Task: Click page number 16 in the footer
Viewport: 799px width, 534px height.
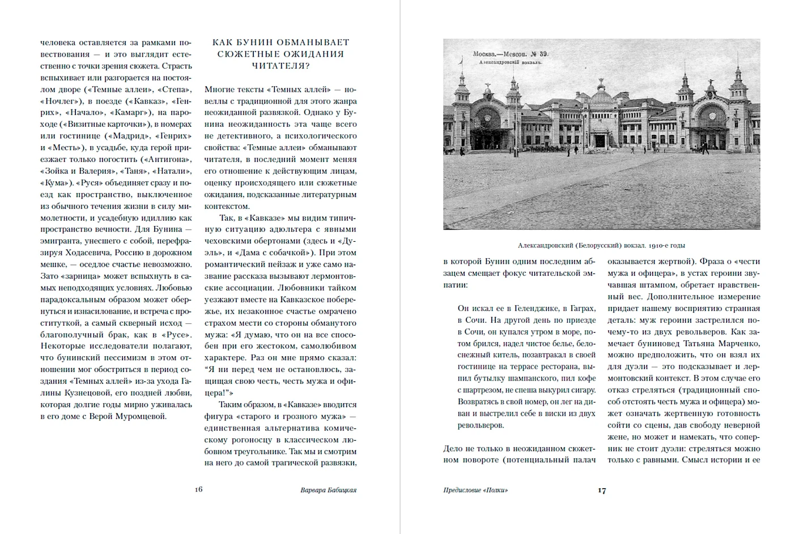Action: pos(198,489)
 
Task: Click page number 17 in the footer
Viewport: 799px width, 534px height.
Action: pos(602,490)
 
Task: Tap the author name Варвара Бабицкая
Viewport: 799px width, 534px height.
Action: pos(328,490)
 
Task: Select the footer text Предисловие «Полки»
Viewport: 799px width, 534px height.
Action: pos(475,490)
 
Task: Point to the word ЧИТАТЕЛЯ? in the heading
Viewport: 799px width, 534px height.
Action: pos(280,66)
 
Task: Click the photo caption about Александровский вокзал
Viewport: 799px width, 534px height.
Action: pos(601,245)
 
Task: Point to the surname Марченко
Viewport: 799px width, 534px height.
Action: pos(742,343)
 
